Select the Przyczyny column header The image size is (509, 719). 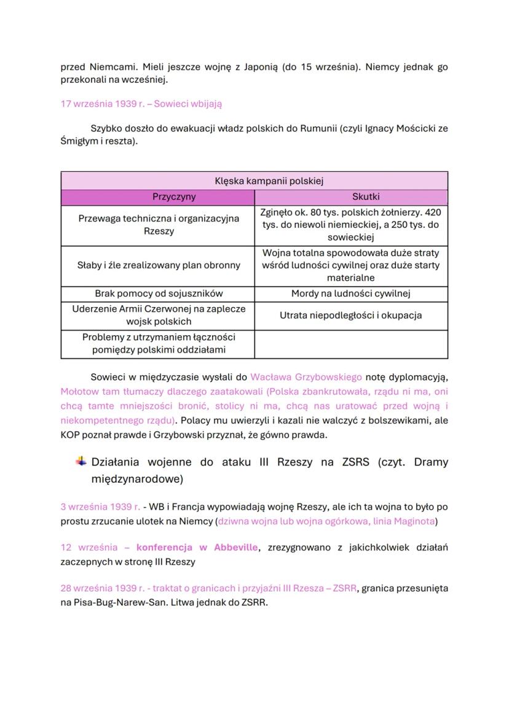coord(157,197)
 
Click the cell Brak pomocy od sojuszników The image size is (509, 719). coord(157,293)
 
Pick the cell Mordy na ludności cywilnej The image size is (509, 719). coord(350,293)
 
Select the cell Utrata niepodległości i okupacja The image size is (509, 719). coord(350,315)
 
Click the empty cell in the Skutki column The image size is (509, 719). coord(350,344)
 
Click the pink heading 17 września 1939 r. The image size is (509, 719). coord(141,104)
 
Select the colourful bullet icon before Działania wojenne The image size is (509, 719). coord(81,461)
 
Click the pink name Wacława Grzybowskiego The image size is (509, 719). coord(306,376)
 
